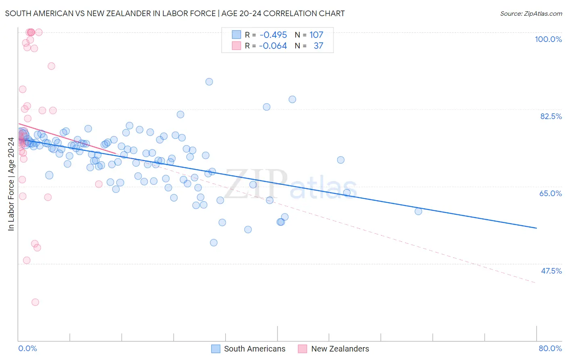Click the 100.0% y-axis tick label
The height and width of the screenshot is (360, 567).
tap(548, 39)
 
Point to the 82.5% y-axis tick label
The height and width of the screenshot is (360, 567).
tap(551, 116)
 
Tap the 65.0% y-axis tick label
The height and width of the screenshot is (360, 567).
tap(550, 193)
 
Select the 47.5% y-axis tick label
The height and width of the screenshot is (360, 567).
tap(551, 271)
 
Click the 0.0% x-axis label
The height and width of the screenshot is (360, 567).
tap(27, 348)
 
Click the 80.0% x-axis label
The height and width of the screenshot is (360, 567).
tap(550, 348)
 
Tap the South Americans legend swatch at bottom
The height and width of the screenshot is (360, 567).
tap(216, 349)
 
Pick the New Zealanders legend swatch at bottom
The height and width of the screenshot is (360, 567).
tap(302, 349)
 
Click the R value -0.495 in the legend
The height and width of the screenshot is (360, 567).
tap(273, 35)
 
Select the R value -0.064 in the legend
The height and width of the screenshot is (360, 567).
tap(273, 46)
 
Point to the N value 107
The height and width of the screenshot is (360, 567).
tap(316, 35)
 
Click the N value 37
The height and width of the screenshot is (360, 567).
tap(318, 46)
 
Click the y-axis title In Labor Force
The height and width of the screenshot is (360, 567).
tap(11, 184)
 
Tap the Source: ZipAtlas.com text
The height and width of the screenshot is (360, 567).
tap(531, 13)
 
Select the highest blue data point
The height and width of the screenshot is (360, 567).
tap(209, 82)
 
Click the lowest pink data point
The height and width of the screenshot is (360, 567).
tap(35, 302)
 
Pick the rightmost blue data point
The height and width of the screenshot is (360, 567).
tap(418, 211)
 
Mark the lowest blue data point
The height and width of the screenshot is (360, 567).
tap(214, 243)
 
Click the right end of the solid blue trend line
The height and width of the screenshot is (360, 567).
tap(536, 228)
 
